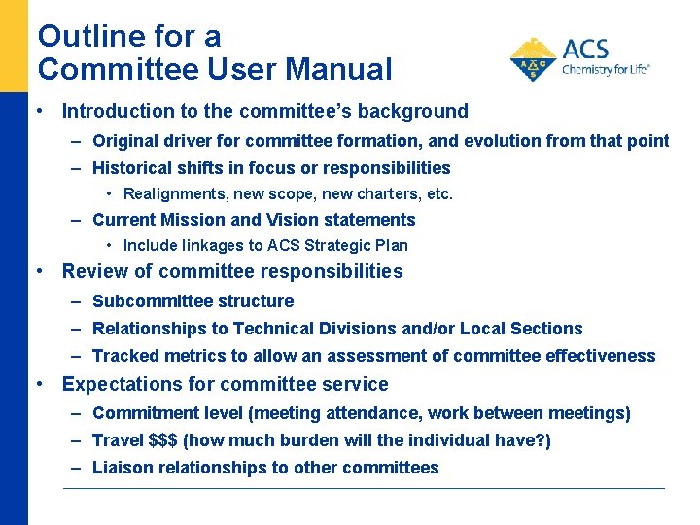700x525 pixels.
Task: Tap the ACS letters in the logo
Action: pos(585,49)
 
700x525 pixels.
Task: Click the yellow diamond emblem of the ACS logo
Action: pos(533,59)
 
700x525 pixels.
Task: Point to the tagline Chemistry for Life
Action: pos(605,70)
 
